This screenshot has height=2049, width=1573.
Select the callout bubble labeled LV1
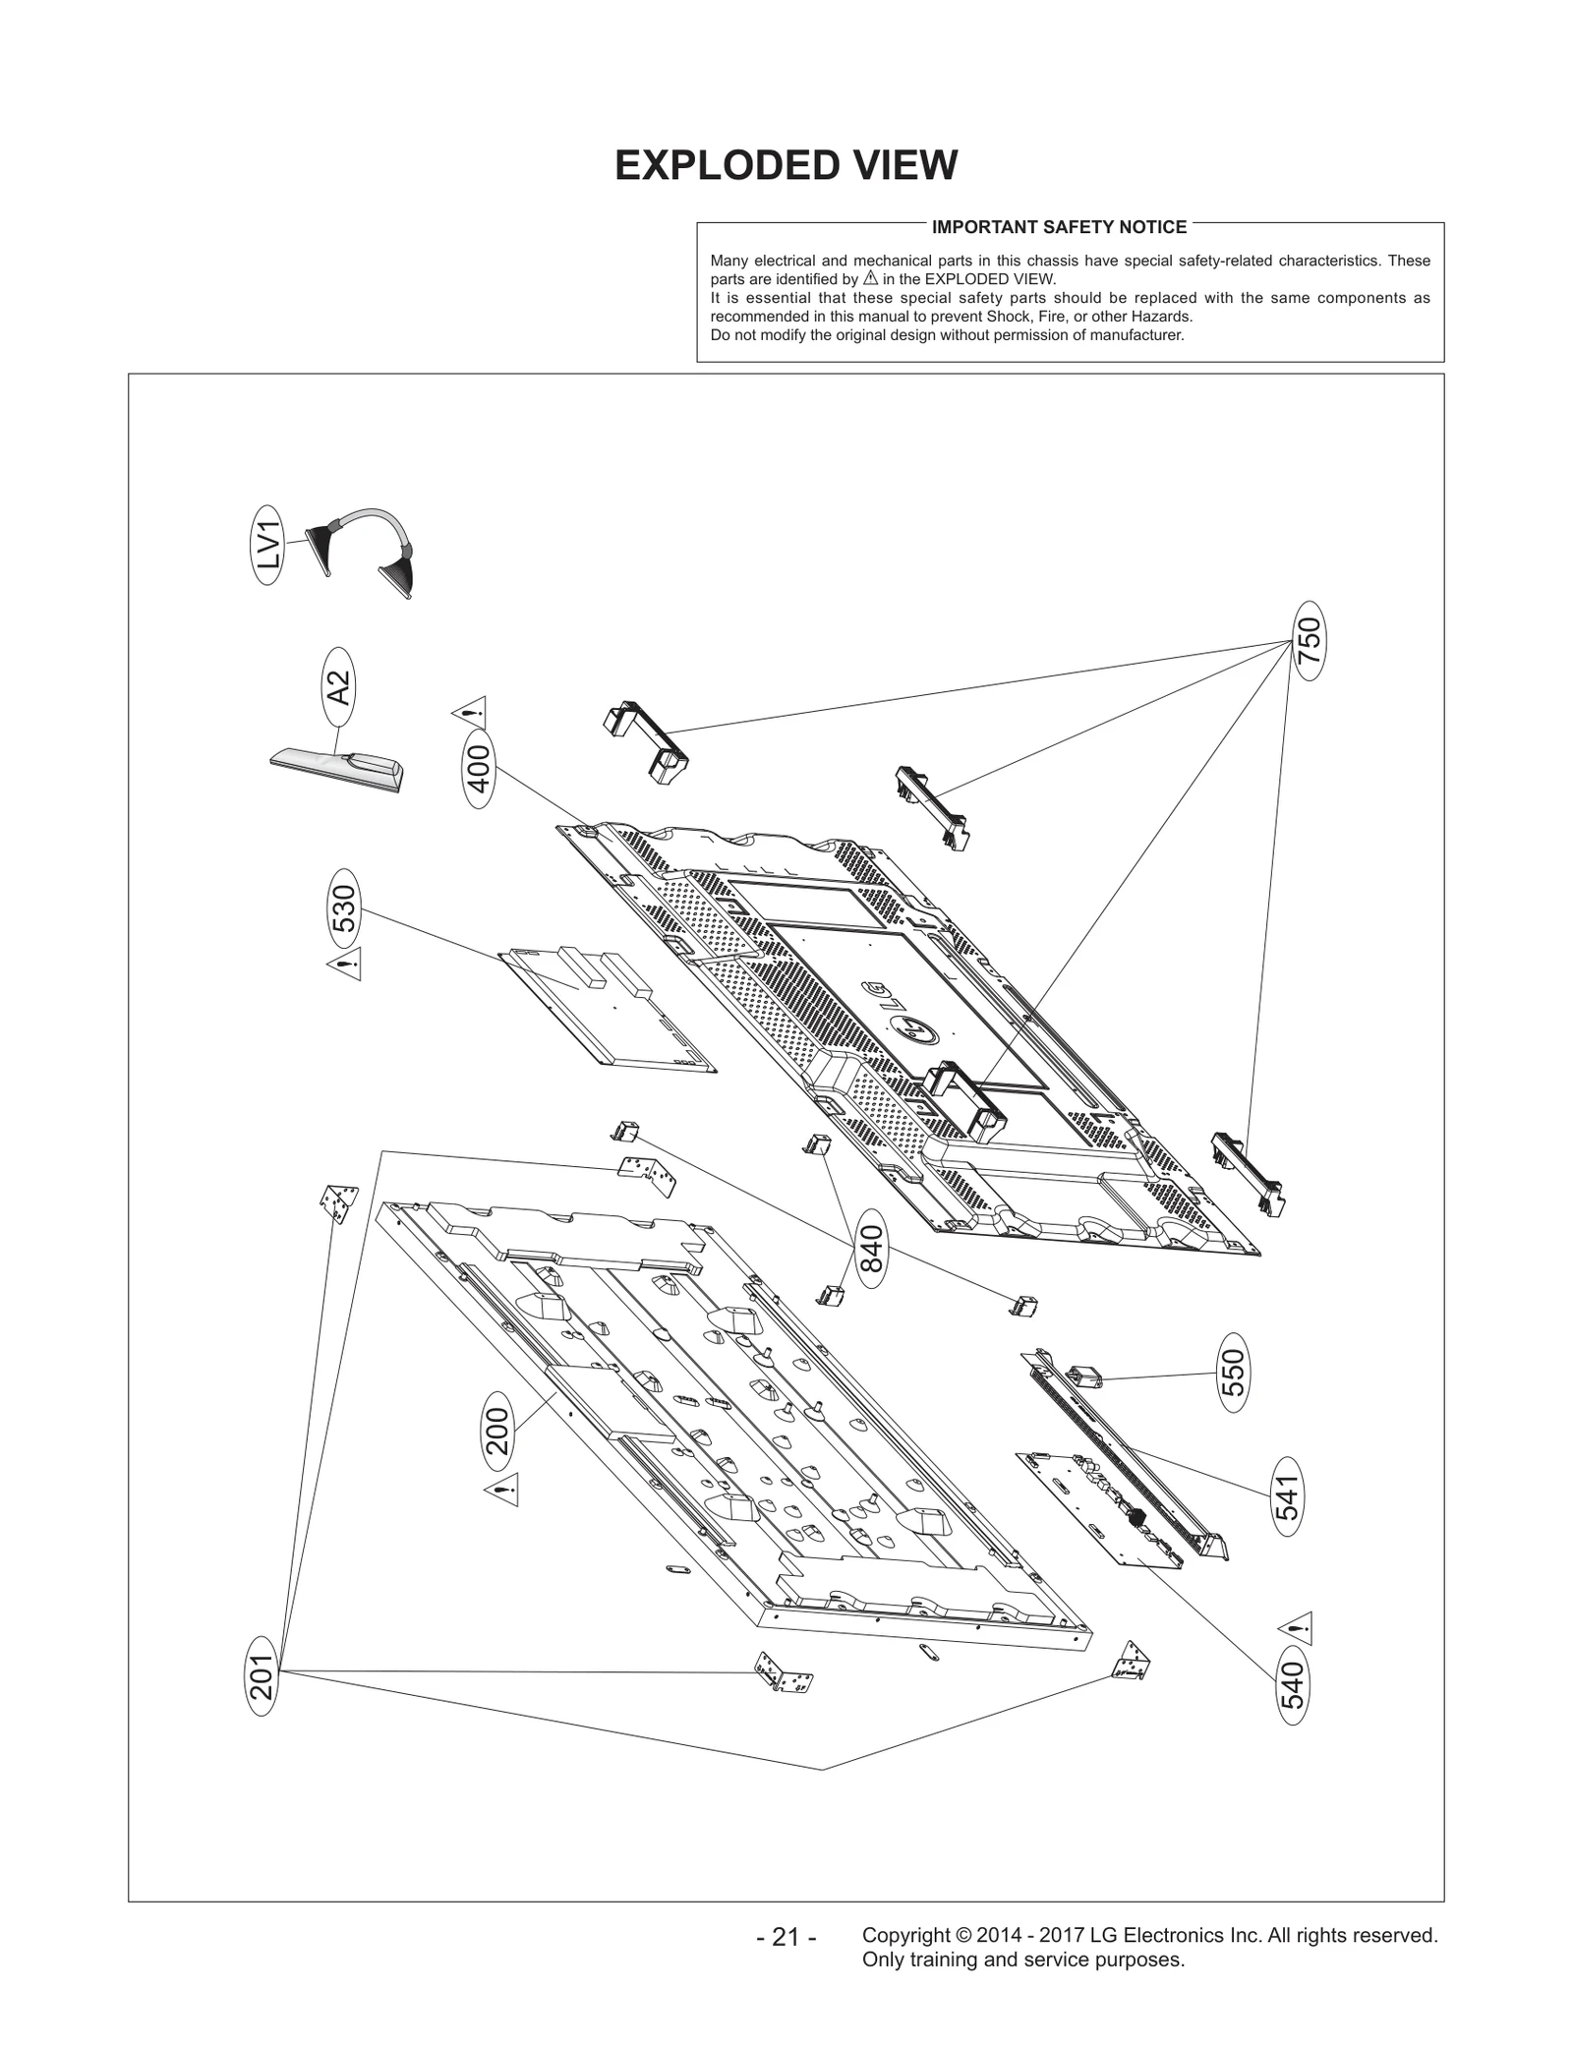[x=268, y=546]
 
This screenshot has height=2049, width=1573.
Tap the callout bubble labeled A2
[x=338, y=686]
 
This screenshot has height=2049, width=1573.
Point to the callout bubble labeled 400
[x=479, y=769]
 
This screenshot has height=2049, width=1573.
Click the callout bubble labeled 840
[x=872, y=1248]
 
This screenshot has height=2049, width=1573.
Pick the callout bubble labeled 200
[x=498, y=1431]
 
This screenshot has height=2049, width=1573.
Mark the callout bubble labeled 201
[x=262, y=1674]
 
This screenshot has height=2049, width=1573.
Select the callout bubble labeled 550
[x=1234, y=1373]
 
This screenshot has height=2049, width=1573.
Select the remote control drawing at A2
[x=336, y=769]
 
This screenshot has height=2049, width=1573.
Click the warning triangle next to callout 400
[x=469, y=710]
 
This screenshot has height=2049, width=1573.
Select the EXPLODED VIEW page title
[x=786, y=165]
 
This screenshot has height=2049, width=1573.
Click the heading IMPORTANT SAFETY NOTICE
[x=1059, y=227]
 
